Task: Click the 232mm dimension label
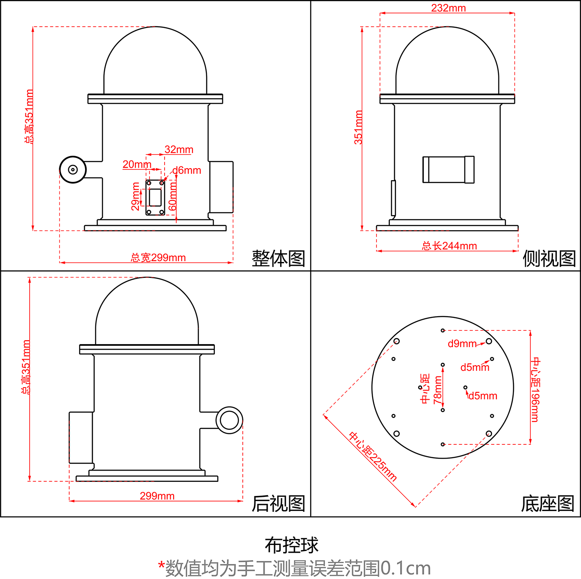coord(448,8)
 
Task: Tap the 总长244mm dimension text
coord(449,246)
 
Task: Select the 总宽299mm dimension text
coord(158,257)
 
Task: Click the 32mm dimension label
coord(179,149)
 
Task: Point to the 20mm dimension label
coord(137,164)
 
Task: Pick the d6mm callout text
coord(187,170)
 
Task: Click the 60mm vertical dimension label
coord(172,196)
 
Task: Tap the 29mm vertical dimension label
coord(135,196)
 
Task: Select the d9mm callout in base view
coord(462,343)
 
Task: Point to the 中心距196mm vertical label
coord(535,389)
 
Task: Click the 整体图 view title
coord(278,259)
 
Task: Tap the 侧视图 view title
coord(549,259)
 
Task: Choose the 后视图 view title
coord(278,504)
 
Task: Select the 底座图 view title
coord(547,504)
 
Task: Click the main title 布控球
coord(291,545)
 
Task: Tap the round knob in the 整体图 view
coord(73,169)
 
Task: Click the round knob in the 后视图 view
coord(229,420)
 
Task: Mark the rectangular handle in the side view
coord(448,169)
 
